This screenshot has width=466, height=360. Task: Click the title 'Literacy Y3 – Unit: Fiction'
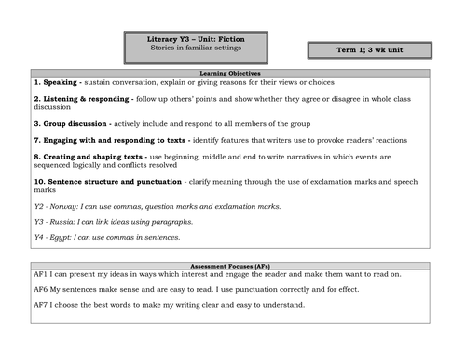point(195,38)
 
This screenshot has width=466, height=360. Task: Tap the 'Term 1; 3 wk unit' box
point(369,49)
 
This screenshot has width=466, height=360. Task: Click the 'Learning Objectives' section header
point(231,72)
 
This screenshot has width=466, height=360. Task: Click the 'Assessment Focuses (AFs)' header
point(230,266)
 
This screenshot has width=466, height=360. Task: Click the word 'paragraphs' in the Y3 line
point(172,222)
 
